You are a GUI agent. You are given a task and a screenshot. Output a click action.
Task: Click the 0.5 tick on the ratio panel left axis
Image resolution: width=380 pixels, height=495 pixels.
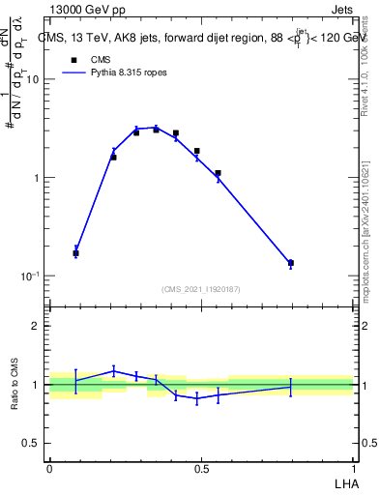[33, 443]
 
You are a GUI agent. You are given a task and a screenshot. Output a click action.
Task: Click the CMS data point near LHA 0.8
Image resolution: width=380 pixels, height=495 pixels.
[290, 263]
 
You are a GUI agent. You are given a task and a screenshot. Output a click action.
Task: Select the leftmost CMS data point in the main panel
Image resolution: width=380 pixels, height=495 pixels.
[75, 253]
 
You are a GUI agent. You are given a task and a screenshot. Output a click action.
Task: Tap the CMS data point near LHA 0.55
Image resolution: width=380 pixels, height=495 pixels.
[218, 173]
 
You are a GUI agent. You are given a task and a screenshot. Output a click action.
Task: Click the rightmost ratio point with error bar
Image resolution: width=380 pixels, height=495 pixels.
[290, 387]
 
